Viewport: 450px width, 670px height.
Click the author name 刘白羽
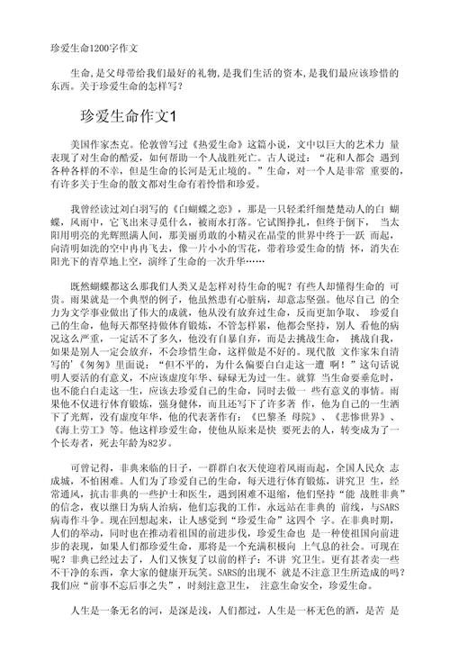(143, 208)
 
